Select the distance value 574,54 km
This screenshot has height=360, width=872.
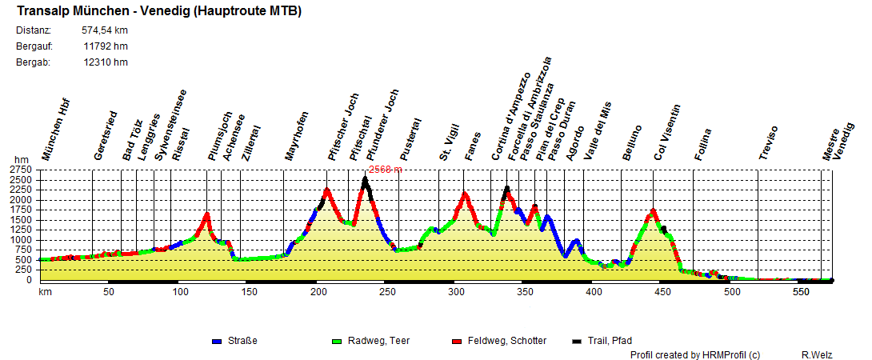105,30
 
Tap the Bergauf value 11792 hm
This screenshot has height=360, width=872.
106,46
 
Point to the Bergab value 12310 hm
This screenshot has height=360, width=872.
106,62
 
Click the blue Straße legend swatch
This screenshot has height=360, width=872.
216,342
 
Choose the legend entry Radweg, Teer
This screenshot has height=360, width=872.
381,341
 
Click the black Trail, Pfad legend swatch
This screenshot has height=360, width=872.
576,342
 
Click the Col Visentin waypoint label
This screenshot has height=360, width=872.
666,132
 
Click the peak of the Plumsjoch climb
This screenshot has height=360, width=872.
207,214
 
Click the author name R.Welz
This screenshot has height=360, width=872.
818,354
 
